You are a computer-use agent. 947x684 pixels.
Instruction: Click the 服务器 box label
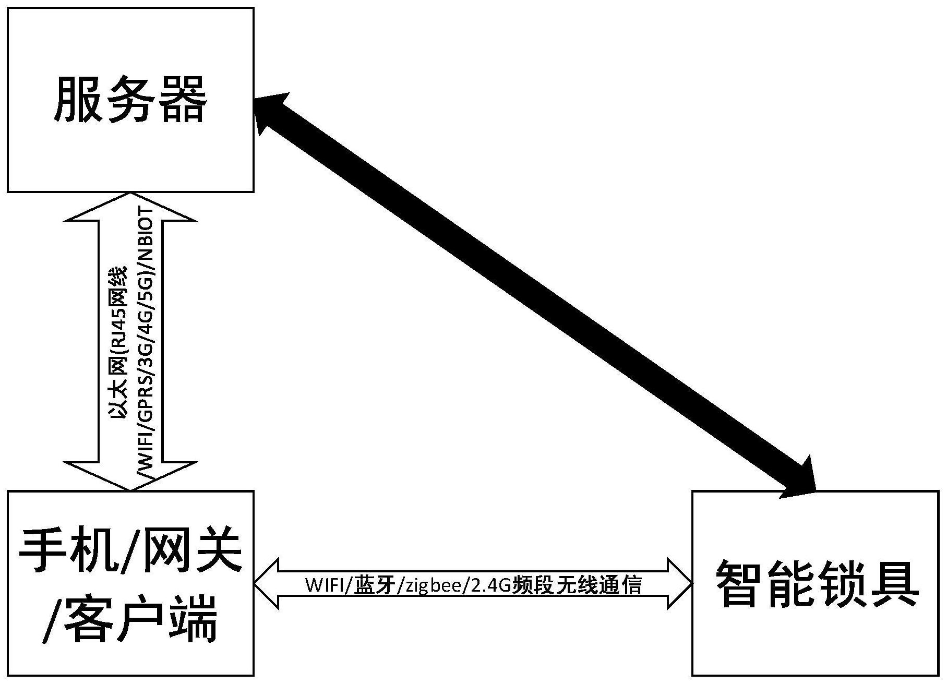[x=130, y=99]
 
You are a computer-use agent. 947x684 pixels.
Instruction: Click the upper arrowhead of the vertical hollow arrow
[x=130, y=209]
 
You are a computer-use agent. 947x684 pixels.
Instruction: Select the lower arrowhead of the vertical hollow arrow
[x=130, y=475]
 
